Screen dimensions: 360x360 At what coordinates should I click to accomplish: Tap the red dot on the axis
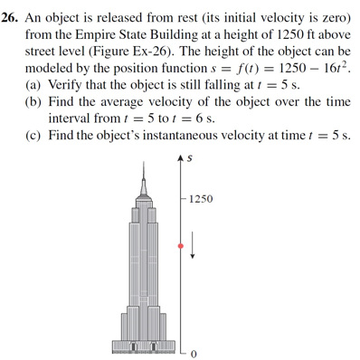coord(181,245)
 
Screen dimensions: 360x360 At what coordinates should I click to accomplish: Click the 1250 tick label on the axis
coord(200,197)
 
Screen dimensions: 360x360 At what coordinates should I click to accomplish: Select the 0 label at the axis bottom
coord(193,351)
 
